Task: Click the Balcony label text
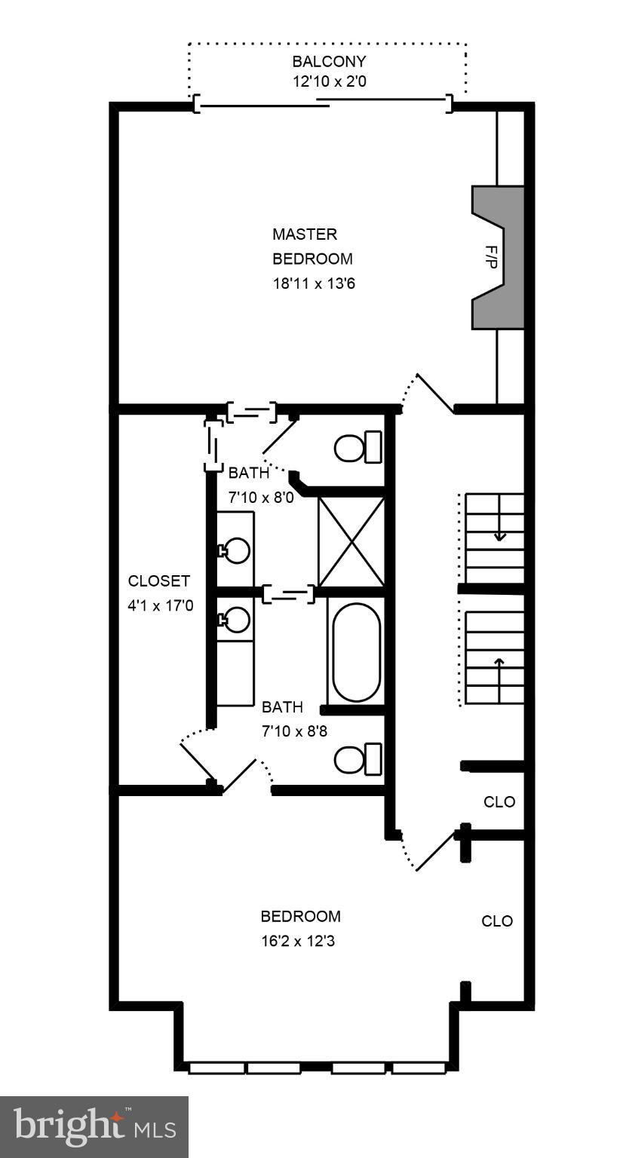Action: tap(329, 61)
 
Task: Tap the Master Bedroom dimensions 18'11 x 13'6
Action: tap(311, 283)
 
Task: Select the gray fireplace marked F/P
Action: tap(499, 257)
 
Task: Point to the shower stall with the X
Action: tap(351, 541)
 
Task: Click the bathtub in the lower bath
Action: tap(356, 652)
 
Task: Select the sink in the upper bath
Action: tap(236, 550)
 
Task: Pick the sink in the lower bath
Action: tap(236, 620)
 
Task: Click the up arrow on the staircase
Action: tap(499, 665)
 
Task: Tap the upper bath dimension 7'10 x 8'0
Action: tap(261, 498)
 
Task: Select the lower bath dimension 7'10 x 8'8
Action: tap(293, 731)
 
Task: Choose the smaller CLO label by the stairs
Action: tap(499, 802)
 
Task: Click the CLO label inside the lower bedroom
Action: tap(497, 921)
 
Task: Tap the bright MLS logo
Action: tap(94, 1126)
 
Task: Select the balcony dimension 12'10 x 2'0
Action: tap(329, 81)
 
